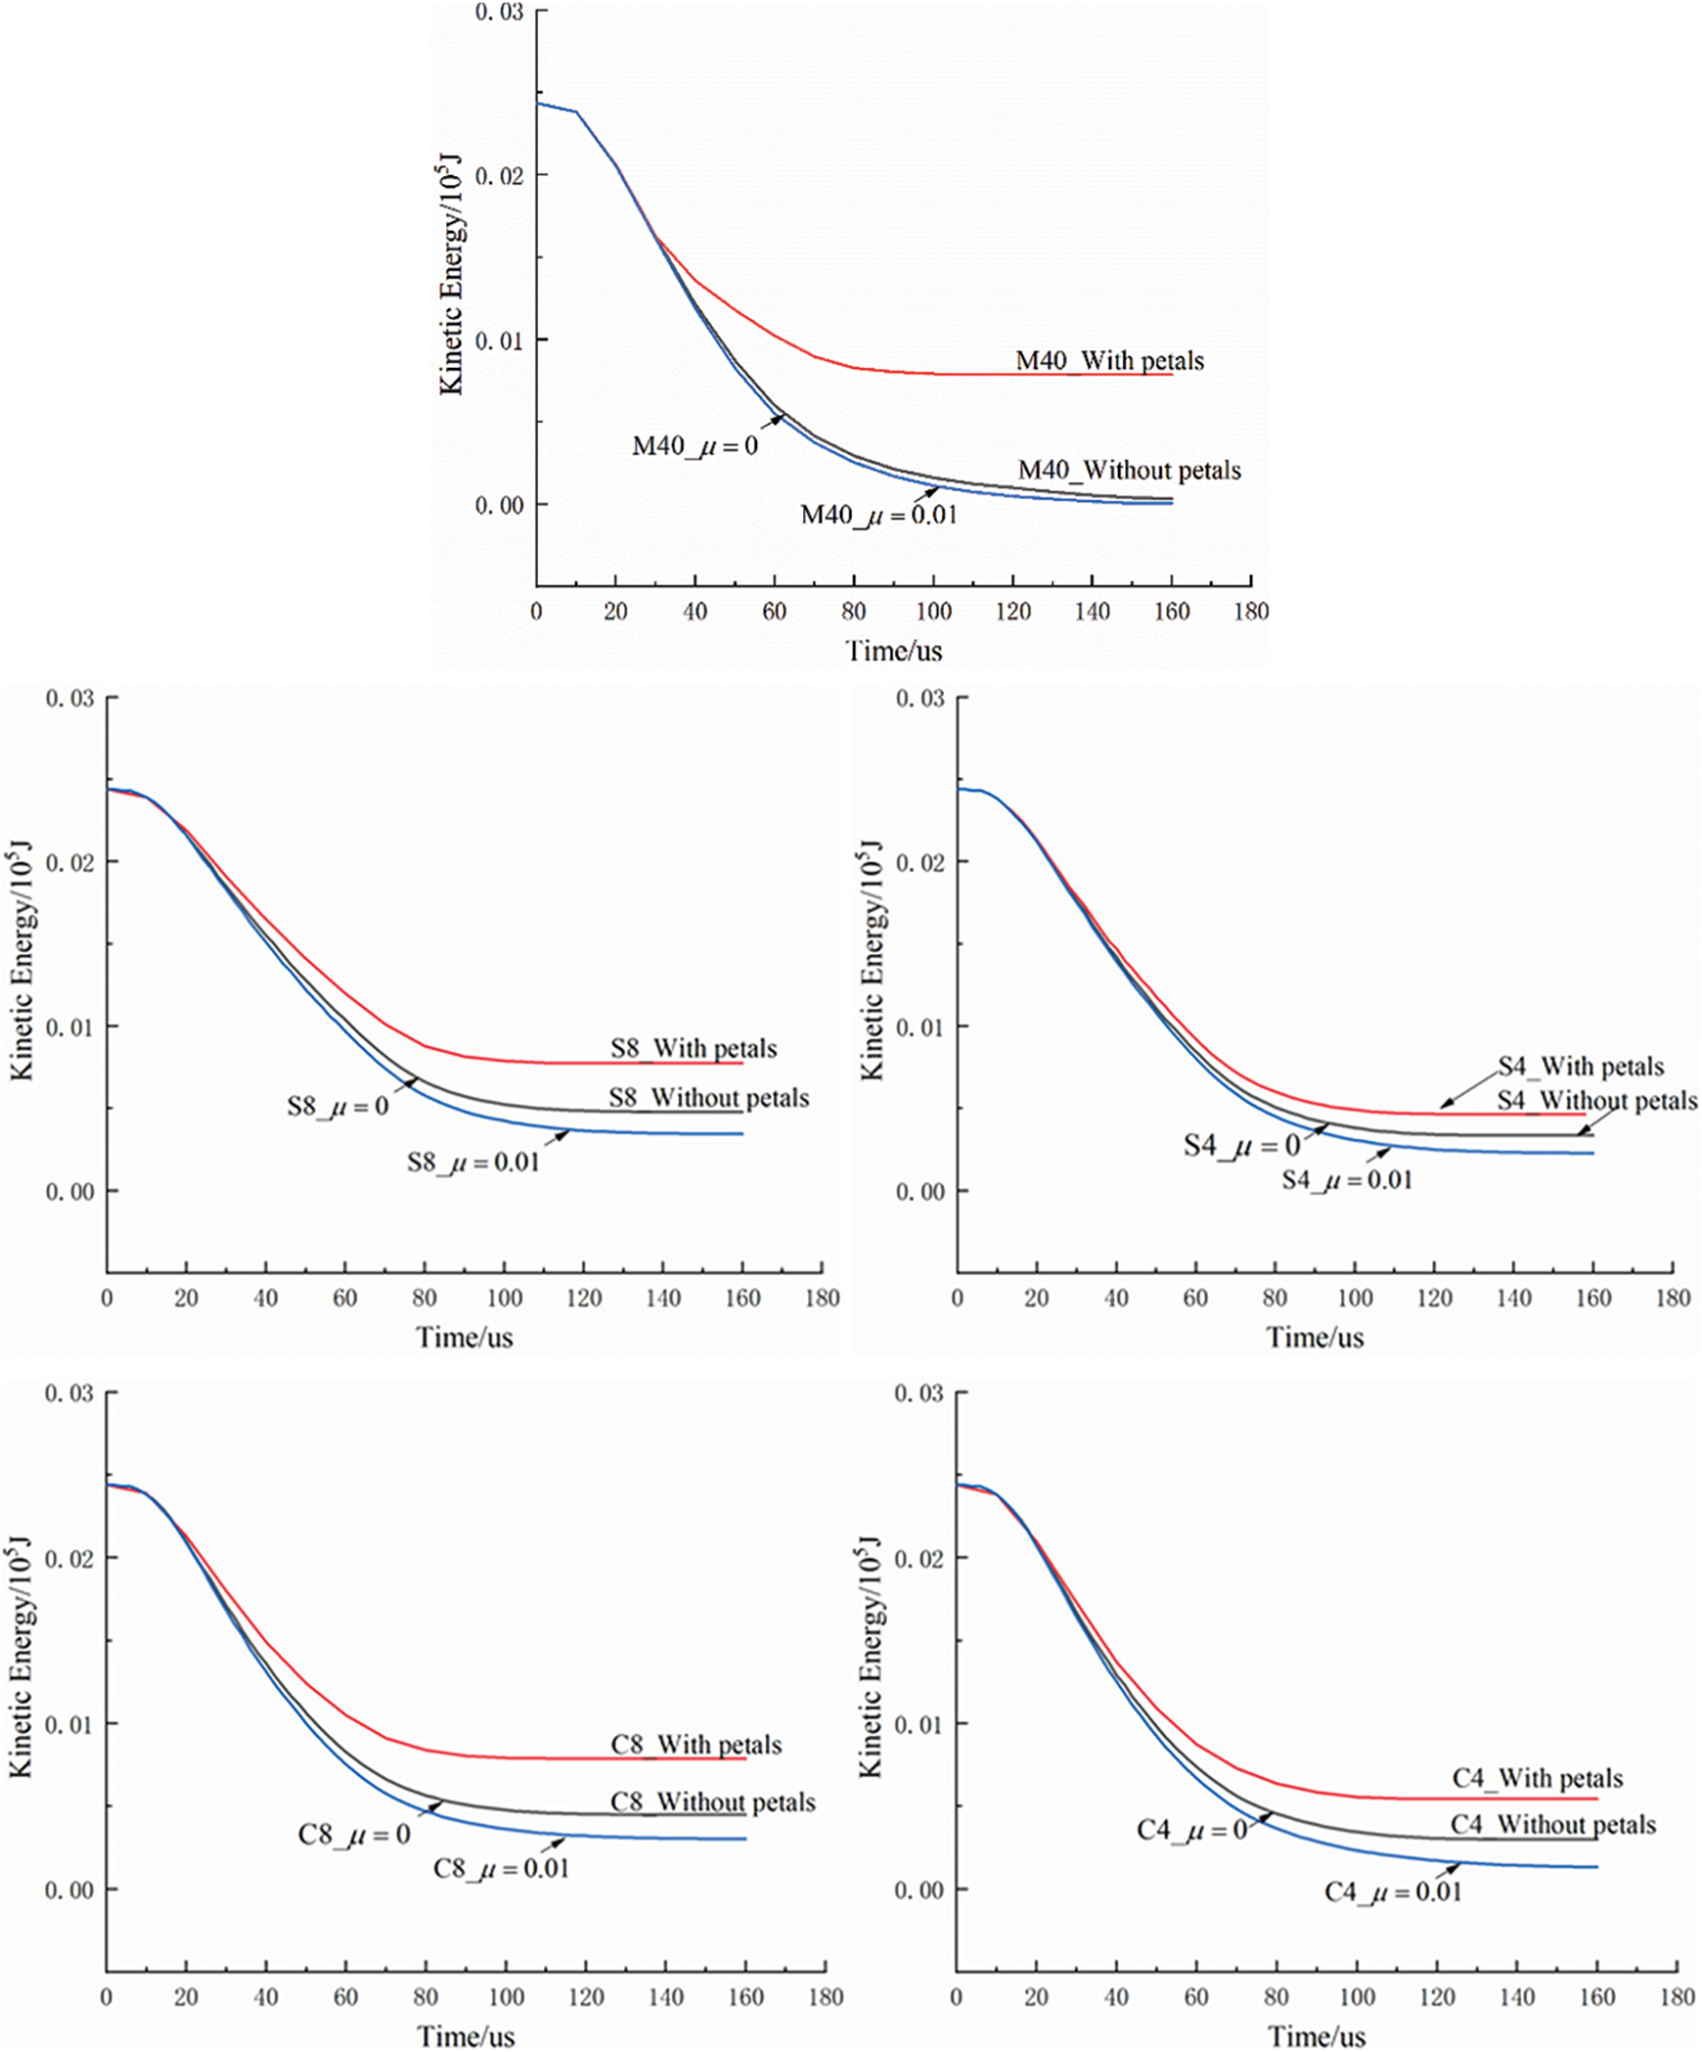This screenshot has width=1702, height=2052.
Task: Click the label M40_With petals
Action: click(1109, 361)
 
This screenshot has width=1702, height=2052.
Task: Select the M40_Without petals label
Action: click(1129, 471)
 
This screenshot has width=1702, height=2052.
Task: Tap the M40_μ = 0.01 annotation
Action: click(878, 515)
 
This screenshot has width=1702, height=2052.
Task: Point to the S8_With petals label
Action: click(694, 1049)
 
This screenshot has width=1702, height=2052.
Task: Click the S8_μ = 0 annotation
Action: click(337, 1107)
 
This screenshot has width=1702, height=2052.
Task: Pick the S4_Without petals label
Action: click(1596, 1101)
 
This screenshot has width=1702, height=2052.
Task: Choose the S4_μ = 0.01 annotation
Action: click(1347, 1180)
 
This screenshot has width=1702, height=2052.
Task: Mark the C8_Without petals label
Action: click(712, 1802)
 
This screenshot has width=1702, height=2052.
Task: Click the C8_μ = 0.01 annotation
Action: click(501, 1869)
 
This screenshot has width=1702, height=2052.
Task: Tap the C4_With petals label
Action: click(1537, 1778)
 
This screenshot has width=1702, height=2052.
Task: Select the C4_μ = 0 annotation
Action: click(1191, 1830)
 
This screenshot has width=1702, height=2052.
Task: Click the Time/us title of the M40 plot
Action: click(893, 651)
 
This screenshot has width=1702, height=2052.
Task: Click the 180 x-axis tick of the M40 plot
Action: click(1251, 612)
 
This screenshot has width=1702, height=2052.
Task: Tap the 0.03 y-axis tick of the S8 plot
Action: click(69, 699)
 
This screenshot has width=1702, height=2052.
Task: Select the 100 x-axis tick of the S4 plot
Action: click(1355, 1299)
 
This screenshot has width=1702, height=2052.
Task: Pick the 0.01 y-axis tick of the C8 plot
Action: click(69, 1723)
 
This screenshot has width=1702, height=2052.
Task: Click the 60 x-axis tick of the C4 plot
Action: click(1196, 1997)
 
